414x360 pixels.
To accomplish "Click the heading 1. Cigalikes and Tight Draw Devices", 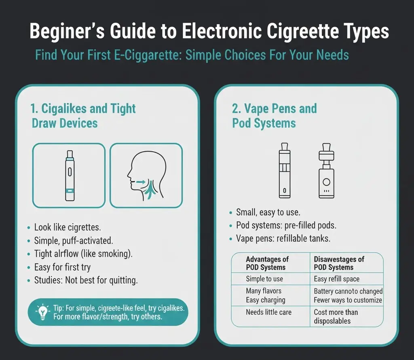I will click(83, 116).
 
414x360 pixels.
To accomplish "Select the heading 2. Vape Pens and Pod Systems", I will click(274, 116).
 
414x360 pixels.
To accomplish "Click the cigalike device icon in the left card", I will click(69, 175).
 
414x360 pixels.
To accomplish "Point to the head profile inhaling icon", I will click(146, 175).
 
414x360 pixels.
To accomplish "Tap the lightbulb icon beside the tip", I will click(42, 312).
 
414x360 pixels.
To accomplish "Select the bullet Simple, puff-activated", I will click(73, 241).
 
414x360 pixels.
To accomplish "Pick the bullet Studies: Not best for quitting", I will click(86, 281).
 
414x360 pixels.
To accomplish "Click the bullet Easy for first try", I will click(62, 267).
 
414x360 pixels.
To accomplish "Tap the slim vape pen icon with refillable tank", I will click(285, 169).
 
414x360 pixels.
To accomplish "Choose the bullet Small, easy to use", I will click(268, 212).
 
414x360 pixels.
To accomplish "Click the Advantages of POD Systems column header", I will click(267, 263).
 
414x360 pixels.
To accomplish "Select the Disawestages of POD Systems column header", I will click(339, 263).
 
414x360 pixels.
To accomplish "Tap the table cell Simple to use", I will click(264, 279).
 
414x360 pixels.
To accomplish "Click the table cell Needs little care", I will click(268, 312).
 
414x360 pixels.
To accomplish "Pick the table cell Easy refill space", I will click(336, 279).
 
